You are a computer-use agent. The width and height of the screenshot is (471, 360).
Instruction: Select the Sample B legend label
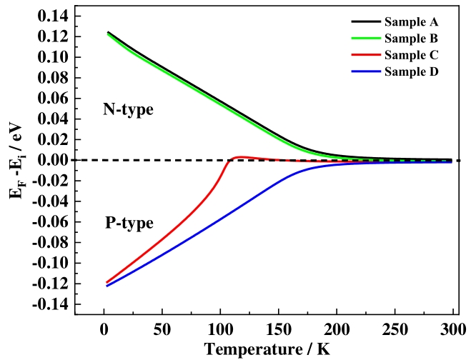pyautogui.click(x=412, y=37)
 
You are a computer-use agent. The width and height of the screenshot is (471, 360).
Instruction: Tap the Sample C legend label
pyautogui.click(x=412, y=54)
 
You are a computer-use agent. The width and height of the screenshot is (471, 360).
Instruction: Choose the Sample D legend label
pyautogui.click(x=412, y=71)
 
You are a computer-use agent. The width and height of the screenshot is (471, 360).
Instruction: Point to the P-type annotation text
pyautogui.click(x=129, y=223)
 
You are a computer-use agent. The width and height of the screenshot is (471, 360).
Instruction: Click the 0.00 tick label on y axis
pyautogui.click(x=53, y=160)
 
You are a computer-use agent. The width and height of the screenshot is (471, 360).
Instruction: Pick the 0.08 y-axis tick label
pyautogui.click(x=53, y=77)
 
